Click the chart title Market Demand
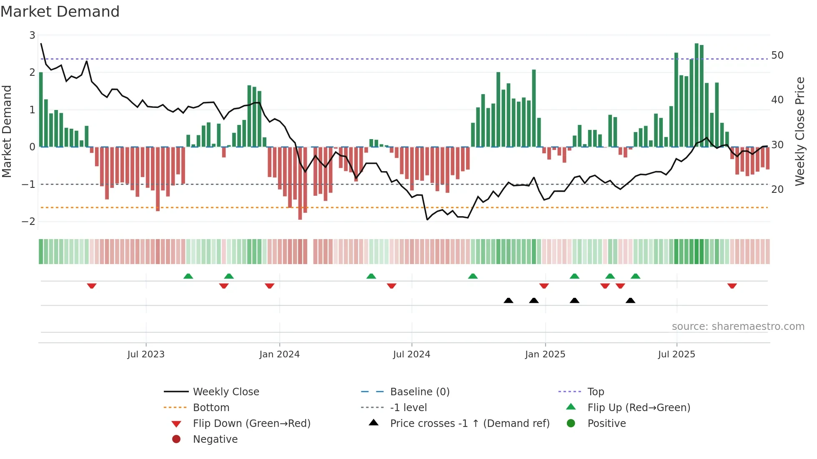[x=60, y=12]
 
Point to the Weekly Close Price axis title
[x=799, y=131]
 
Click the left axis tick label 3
[x=32, y=35]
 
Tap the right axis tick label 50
[x=777, y=55]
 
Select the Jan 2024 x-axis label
[x=279, y=354]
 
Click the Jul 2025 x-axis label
[x=677, y=354]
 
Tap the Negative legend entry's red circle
[x=176, y=439]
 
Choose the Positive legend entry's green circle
[x=571, y=424]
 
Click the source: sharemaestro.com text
[x=738, y=327]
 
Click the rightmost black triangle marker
[x=630, y=301]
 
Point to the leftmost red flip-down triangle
[x=92, y=286]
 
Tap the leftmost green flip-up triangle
[x=188, y=276]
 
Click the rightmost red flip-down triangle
[x=732, y=286]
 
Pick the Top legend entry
[x=595, y=392]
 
